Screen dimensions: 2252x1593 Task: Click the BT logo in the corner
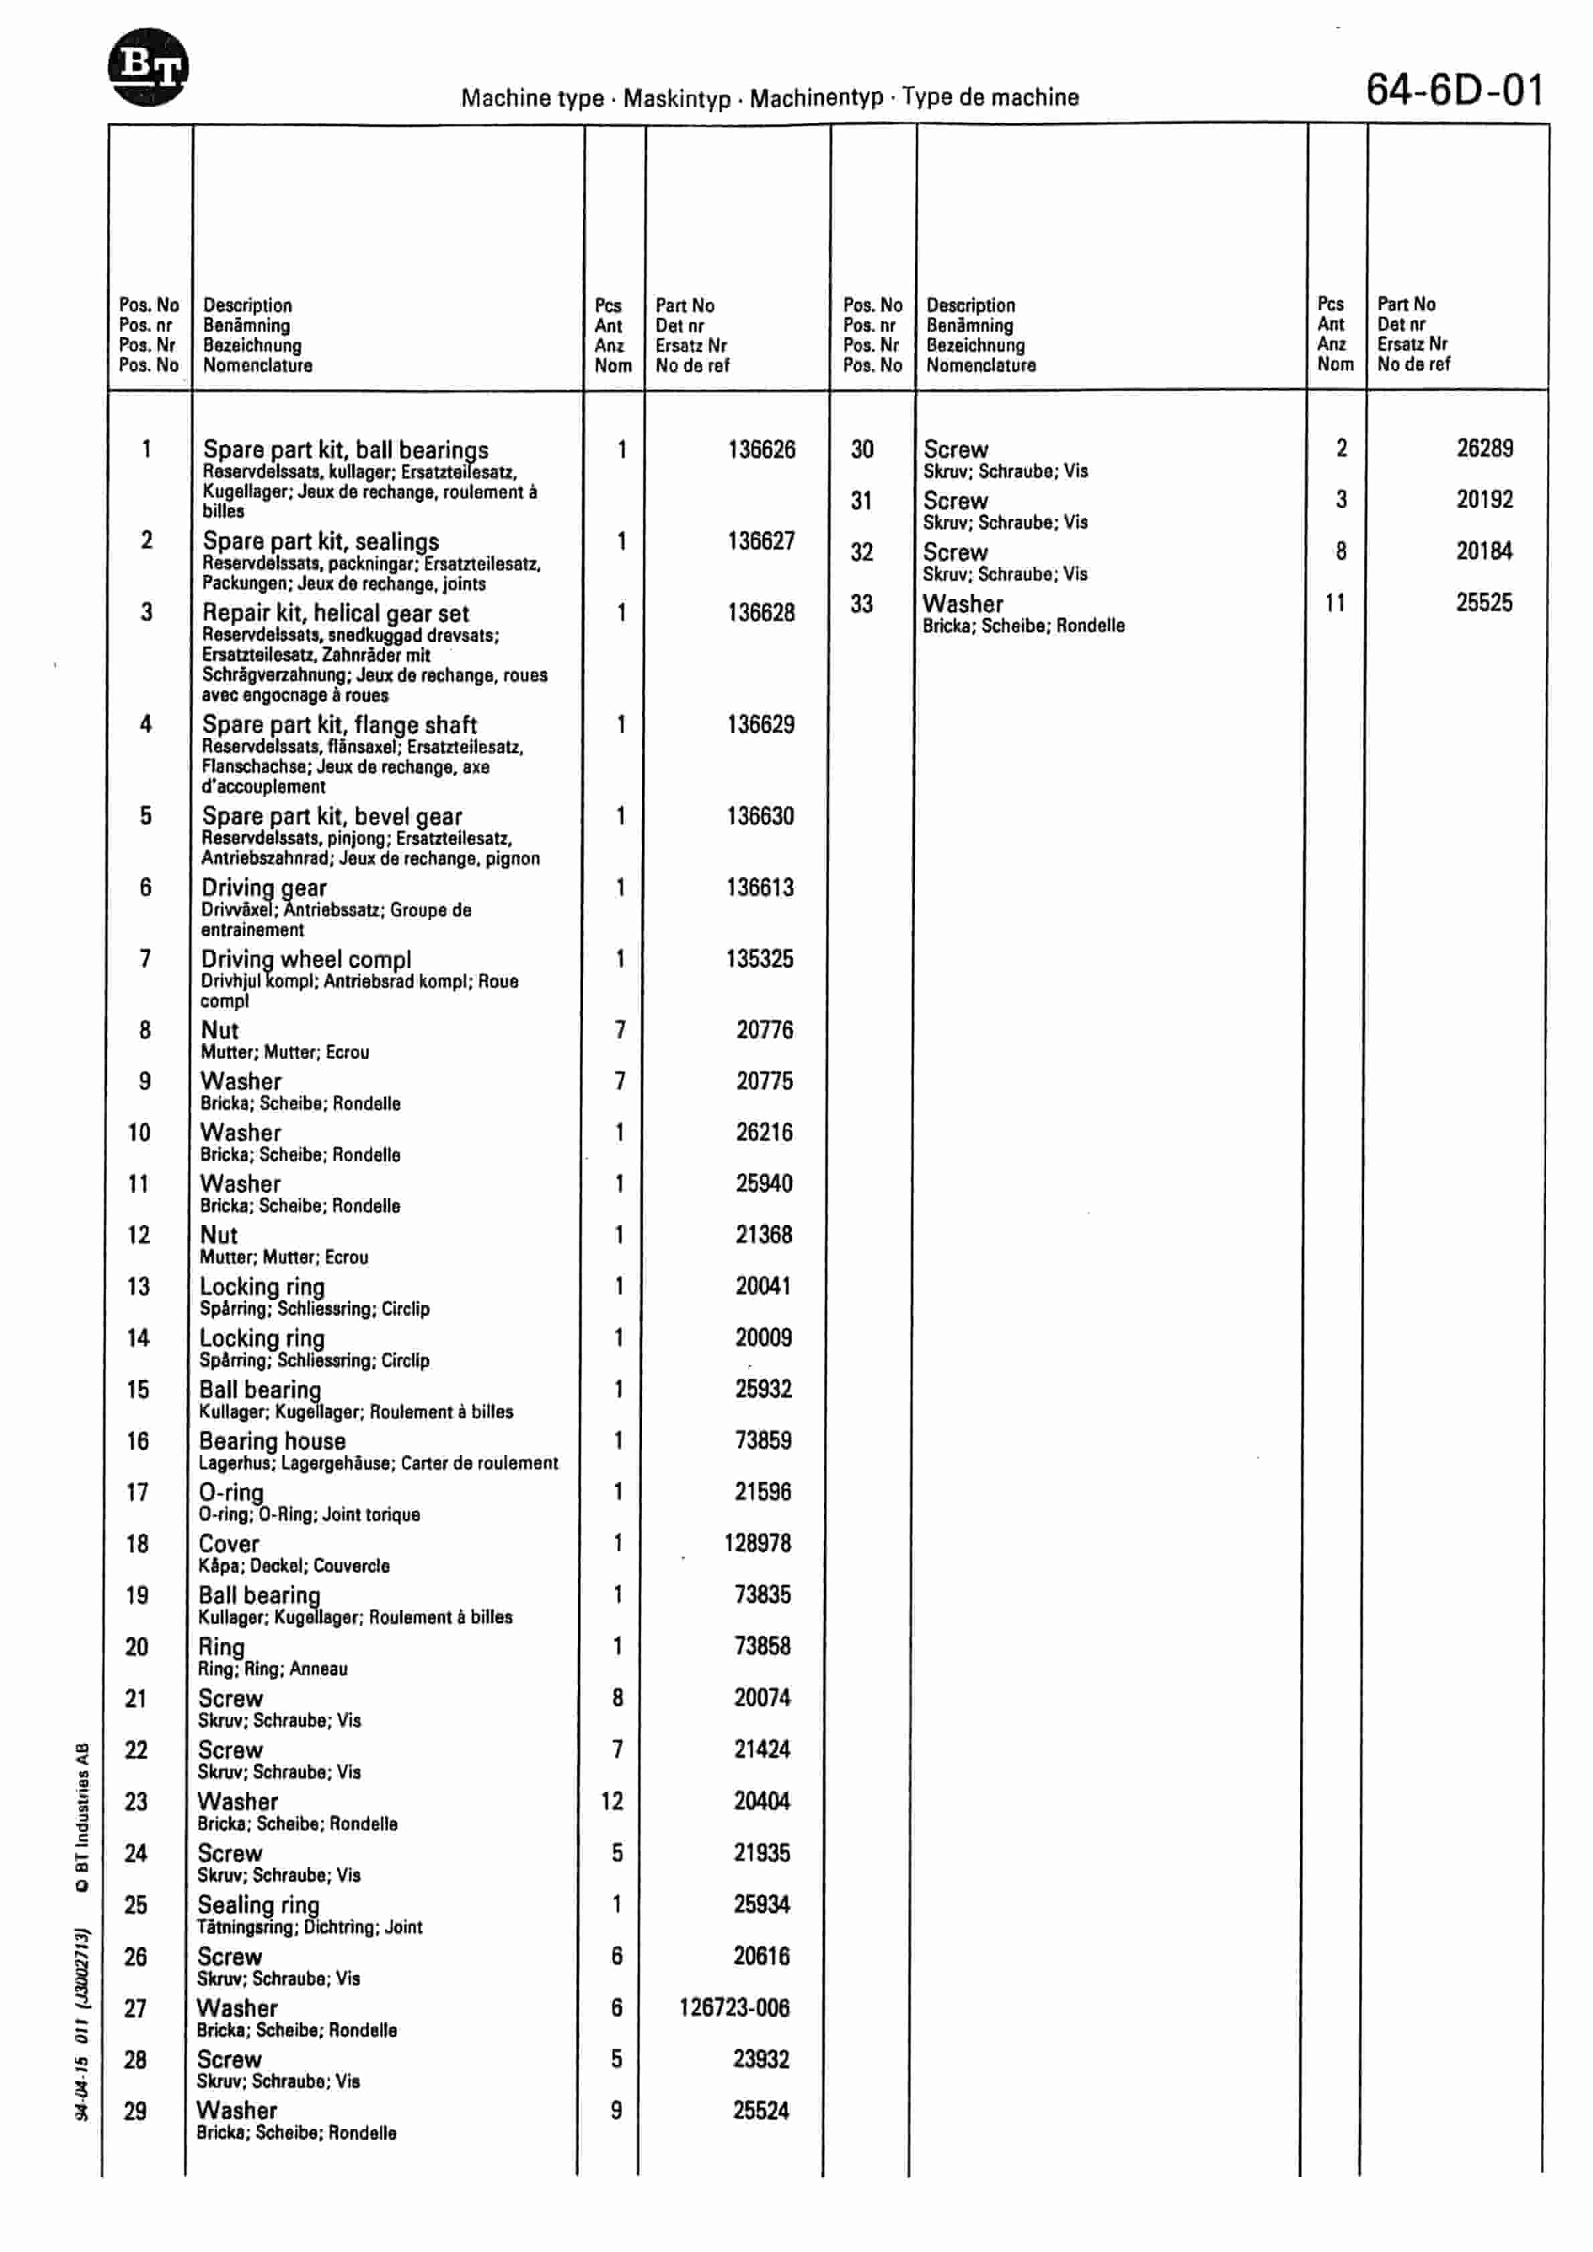pyautogui.click(x=147, y=67)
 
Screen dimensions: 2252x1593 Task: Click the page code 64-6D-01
pyautogui.click(x=1454, y=91)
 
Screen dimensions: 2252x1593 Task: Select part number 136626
pyautogui.click(x=761, y=450)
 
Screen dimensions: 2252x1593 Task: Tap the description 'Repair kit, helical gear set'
pyautogui.click(x=336, y=613)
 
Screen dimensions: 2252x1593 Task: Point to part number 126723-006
pyautogui.click(x=734, y=2008)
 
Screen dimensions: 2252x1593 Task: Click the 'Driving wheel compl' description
pyautogui.click(x=306, y=960)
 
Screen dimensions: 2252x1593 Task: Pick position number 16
pyautogui.click(x=137, y=1441)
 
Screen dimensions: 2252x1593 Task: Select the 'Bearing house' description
pyautogui.click(x=273, y=1441)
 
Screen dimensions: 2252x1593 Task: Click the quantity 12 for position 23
pyautogui.click(x=612, y=1801)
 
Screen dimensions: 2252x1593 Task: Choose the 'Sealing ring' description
pyautogui.click(x=259, y=1905)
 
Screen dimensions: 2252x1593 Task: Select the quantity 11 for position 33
pyautogui.click(x=1334, y=602)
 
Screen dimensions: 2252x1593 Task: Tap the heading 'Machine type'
pyautogui.click(x=532, y=98)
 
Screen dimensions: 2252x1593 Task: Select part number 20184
pyautogui.click(x=1484, y=551)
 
